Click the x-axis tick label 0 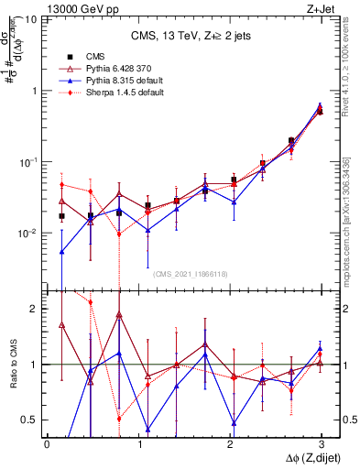(47, 444)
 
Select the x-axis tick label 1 (138, 444)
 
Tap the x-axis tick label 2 (230, 444)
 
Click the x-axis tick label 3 (321, 444)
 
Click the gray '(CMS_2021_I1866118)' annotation (191, 273)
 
